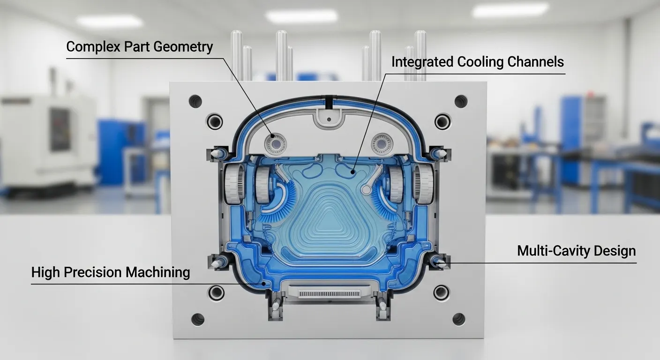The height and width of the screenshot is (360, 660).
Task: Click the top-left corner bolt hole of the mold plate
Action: tap(195, 101)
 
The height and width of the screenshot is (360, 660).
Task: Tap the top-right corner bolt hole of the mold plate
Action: tap(461, 101)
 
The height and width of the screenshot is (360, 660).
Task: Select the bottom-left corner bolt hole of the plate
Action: tap(197, 319)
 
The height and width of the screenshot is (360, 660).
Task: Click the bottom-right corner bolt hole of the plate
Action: tap(458, 319)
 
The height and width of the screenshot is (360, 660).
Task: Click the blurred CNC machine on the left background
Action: tap(47, 141)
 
